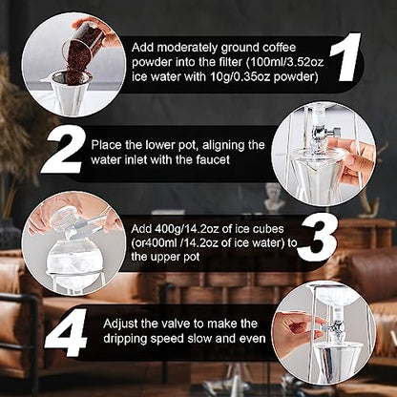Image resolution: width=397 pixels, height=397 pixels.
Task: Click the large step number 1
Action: tap(345, 56)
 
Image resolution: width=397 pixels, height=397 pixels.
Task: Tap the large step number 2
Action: tap(65, 149)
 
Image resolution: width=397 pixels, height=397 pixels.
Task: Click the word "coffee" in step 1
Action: tap(280, 48)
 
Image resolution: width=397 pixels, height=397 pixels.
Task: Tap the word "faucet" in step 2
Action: tap(213, 159)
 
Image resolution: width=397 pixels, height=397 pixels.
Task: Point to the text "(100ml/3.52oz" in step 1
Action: tap(285, 62)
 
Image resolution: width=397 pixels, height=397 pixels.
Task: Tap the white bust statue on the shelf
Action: tap(273, 198)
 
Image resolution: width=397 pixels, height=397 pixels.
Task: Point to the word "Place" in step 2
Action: tap(107, 145)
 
